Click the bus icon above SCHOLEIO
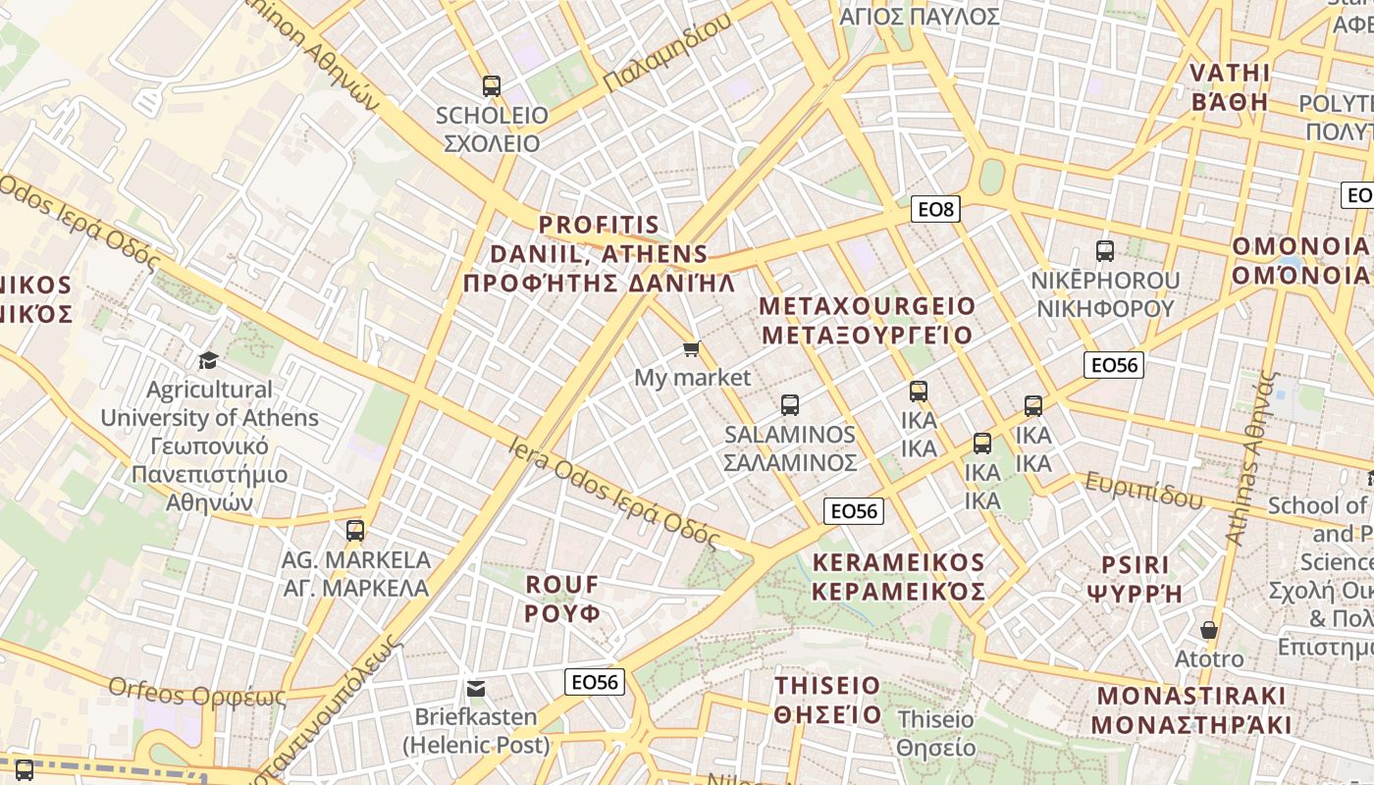(492, 86)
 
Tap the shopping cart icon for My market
(692, 348)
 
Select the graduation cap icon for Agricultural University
(208, 360)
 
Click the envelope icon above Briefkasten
(476, 689)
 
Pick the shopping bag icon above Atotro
(1209, 630)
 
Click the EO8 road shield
(935, 209)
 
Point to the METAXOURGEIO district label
(868, 321)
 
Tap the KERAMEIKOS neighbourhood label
(898, 577)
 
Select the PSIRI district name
(1136, 579)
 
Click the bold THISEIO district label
(827, 699)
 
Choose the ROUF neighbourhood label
(561, 599)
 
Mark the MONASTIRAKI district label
(1191, 710)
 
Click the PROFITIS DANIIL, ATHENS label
(599, 254)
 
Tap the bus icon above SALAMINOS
(790, 405)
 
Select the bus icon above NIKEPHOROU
(1105, 251)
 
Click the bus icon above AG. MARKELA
(355, 531)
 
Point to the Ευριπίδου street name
(1142, 490)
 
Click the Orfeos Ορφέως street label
(197, 694)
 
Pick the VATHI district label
(1230, 87)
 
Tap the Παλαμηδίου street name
(667, 54)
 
